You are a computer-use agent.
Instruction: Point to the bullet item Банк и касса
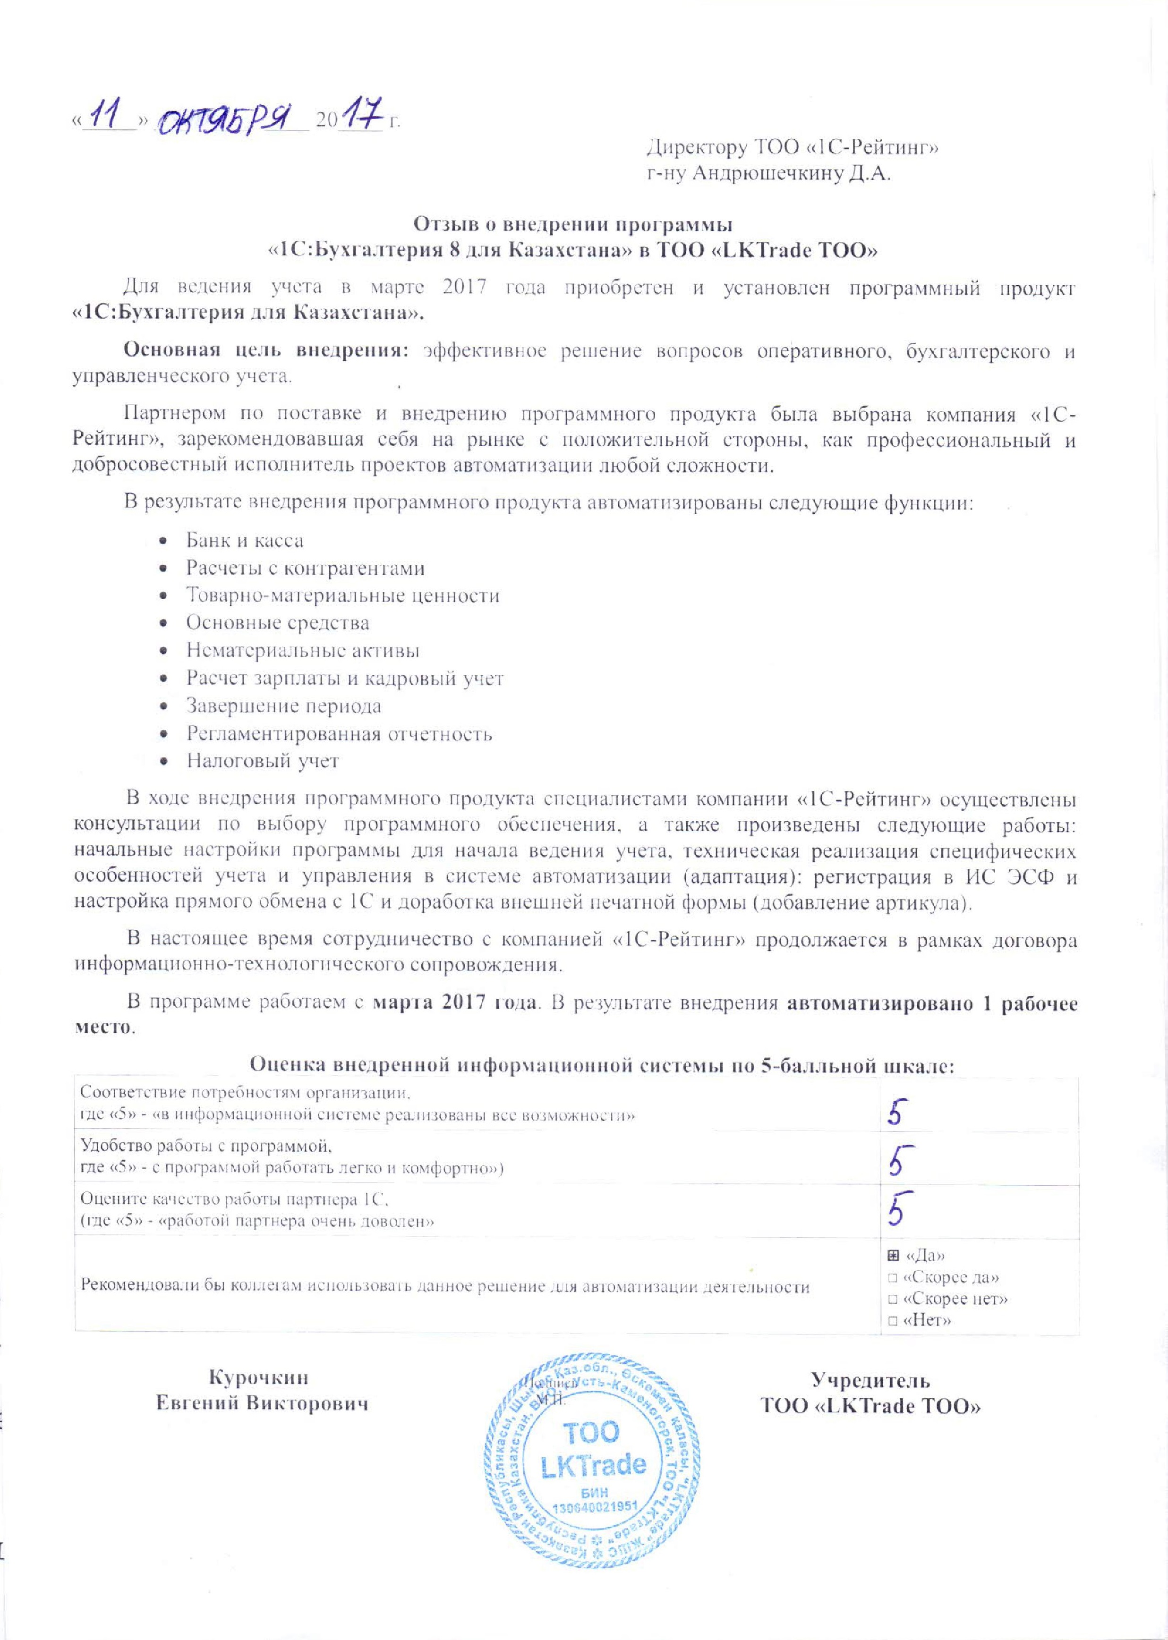click(x=245, y=541)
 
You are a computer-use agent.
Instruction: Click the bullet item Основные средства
click(x=278, y=623)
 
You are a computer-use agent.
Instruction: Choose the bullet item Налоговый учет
click(x=263, y=761)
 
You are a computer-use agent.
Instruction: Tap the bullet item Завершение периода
click(x=283, y=706)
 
